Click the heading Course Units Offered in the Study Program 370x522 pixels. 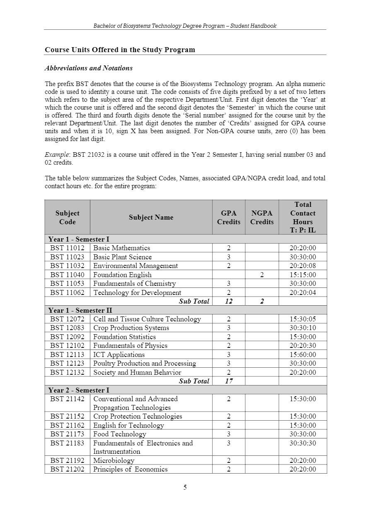click(120, 50)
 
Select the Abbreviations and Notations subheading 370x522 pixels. click(89, 68)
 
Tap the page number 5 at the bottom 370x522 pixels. click(185, 487)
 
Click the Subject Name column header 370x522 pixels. click(151, 217)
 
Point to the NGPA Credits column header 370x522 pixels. click(262, 217)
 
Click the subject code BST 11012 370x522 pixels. click(67, 248)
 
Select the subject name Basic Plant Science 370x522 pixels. click(123, 257)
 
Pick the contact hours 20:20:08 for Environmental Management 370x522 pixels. click(302, 266)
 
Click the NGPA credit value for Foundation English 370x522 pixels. click(262, 275)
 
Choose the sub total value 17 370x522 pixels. click(229, 381)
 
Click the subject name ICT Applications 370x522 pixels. click(119, 354)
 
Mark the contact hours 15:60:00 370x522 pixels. click(302, 354)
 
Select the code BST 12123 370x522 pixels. click(67, 363)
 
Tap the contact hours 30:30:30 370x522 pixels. click(302, 443)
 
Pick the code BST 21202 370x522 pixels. click(67, 469)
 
